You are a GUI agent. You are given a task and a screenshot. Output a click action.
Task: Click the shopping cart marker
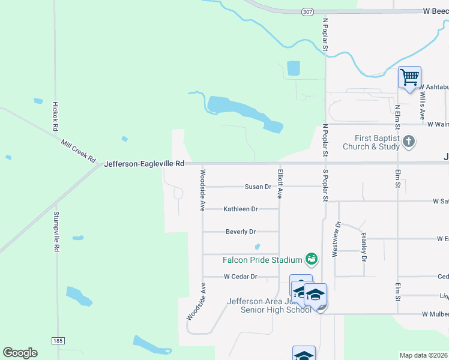point(409,77)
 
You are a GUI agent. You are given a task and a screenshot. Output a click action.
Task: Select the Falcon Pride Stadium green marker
point(311,259)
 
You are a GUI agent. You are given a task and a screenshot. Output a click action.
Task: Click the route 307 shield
point(307,11)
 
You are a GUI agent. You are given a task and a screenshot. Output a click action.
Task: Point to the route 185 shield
point(58,341)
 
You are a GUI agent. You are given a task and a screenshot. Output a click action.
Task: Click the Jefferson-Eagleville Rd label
point(144,163)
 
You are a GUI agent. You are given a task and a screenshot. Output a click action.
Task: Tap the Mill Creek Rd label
point(79,151)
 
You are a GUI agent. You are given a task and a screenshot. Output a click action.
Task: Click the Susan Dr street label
point(258,187)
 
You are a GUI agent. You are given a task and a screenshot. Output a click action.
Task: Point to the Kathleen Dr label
point(240,209)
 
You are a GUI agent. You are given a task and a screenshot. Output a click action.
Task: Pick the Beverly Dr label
point(241,232)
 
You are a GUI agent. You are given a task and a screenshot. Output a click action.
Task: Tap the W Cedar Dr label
point(240,277)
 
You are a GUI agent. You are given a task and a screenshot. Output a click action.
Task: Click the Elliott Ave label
point(280,184)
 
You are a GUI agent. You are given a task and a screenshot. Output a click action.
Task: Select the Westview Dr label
point(337,239)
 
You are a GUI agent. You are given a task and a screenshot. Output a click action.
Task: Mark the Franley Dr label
point(364,248)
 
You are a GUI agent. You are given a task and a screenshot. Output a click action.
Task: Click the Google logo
point(20,353)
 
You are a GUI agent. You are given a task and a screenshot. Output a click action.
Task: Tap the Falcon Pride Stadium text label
point(262,260)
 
